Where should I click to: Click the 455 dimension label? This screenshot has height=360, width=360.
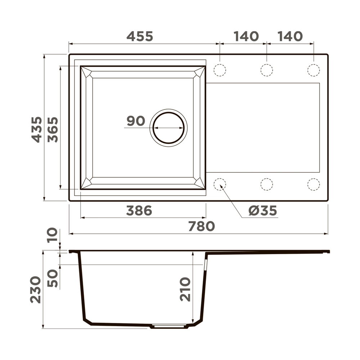pyautogui.click(x=140, y=36)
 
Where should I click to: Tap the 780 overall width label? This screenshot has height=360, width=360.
pyautogui.click(x=202, y=226)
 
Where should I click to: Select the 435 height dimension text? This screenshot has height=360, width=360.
pyautogui.click(x=37, y=130)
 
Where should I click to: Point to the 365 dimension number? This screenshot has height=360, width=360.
pyautogui.click(x=53, y=130)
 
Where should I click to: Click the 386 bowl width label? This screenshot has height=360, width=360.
pyautogui.click(x=139, y=211)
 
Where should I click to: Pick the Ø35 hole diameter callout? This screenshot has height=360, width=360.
pyautogui.click(x=263, y=211)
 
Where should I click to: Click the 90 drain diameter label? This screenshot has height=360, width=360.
pyautogui.click(x=136, y=121)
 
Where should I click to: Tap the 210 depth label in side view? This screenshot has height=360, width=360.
pyautogui.click(x=185, y=289)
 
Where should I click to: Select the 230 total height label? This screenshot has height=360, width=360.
pyautogui.click(x=35, y=289)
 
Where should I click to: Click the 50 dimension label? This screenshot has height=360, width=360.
pyautogui.click(x=53, y=278)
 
